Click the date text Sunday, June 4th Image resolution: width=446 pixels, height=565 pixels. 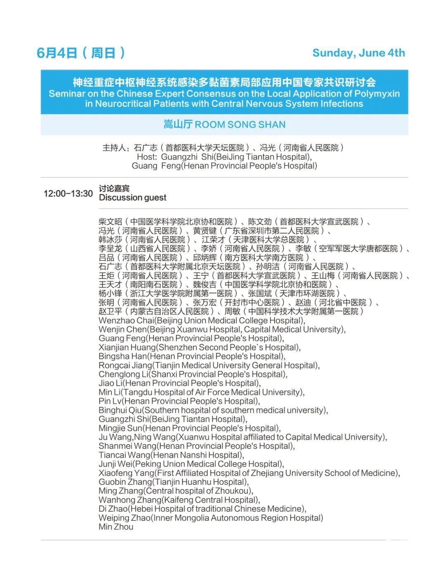click(x=358, y=53)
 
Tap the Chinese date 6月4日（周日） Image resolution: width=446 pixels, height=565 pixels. click(x=81, y=53)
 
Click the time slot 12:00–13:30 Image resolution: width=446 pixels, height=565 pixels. click(x=68, y=194)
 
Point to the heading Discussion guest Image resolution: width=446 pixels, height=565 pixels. click(x=133, y=198)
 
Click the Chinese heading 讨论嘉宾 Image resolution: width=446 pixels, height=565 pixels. click(x=114, y=189)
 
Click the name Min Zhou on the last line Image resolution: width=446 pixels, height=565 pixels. click(x=116, y=527)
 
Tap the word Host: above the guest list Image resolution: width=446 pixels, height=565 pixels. click(x=147, y=157)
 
